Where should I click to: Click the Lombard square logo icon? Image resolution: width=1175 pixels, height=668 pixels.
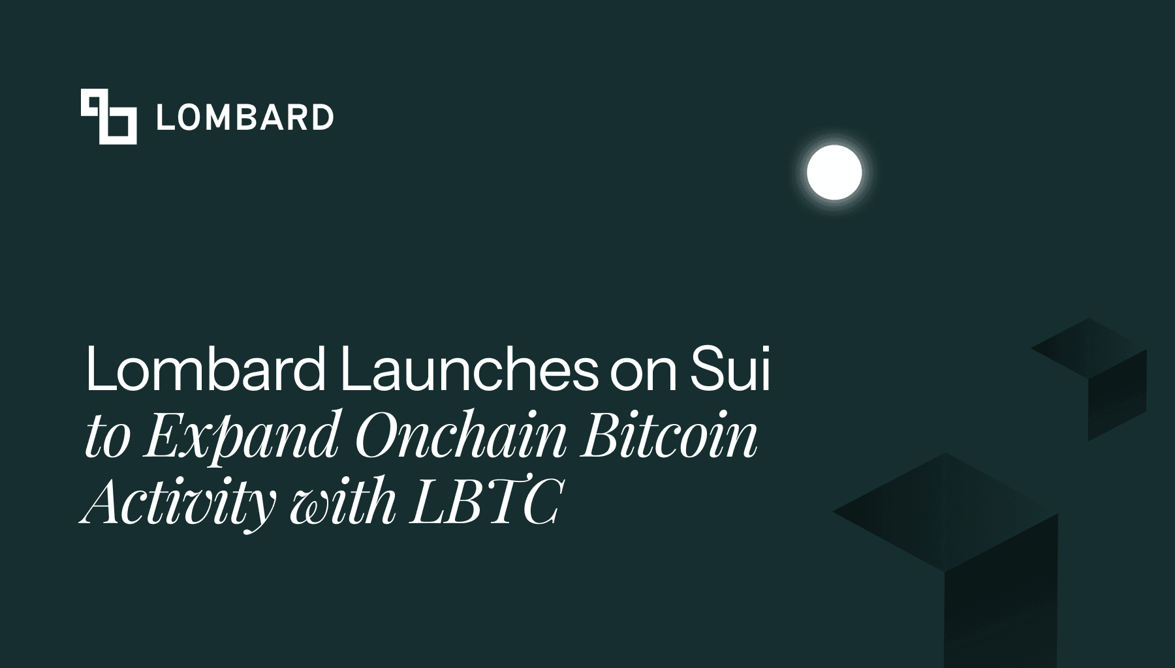[108, 116]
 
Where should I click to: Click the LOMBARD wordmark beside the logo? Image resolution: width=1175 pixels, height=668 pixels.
[245, 117]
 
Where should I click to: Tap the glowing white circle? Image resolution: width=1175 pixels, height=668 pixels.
[834, 172]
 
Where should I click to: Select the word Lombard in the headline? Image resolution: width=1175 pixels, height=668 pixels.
[205, 371]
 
